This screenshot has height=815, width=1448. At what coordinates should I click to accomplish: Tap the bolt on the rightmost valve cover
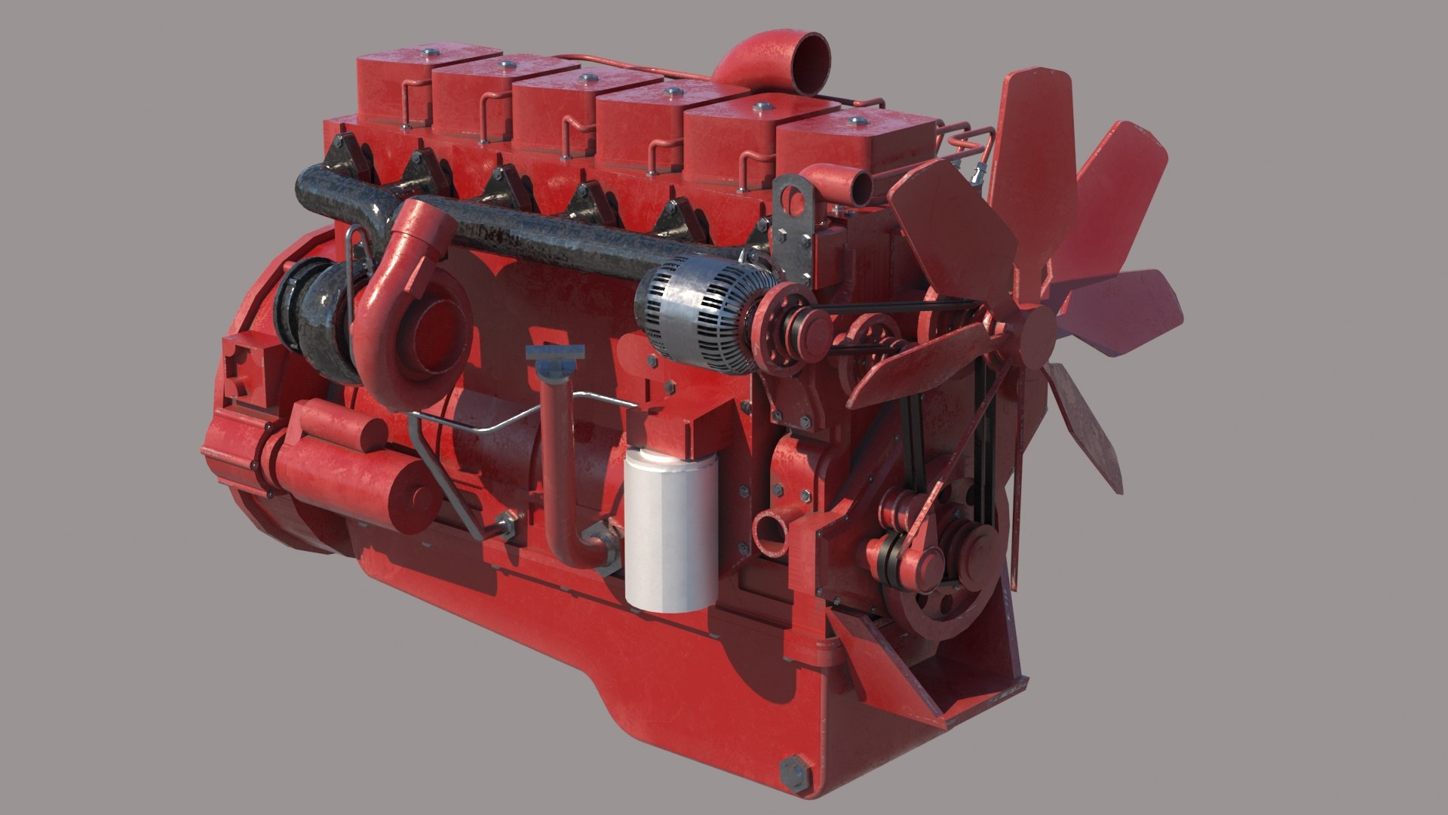[x=854, y=119]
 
